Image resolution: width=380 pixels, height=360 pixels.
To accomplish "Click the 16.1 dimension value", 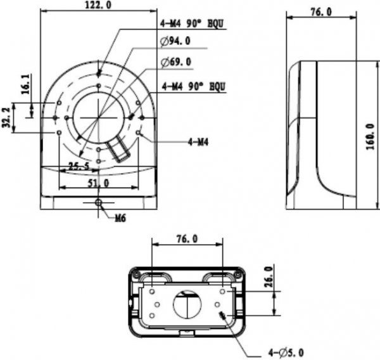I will [24, 85].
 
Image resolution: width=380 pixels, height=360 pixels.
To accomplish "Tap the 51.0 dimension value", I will [98, 183].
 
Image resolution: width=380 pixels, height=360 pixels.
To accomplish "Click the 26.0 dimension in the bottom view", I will [269, 277].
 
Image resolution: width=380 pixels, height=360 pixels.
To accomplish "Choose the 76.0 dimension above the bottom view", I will [187, 239].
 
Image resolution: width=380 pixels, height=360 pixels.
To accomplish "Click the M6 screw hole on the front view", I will [98, 202].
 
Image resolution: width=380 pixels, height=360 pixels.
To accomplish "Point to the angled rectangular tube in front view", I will [121, 151].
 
